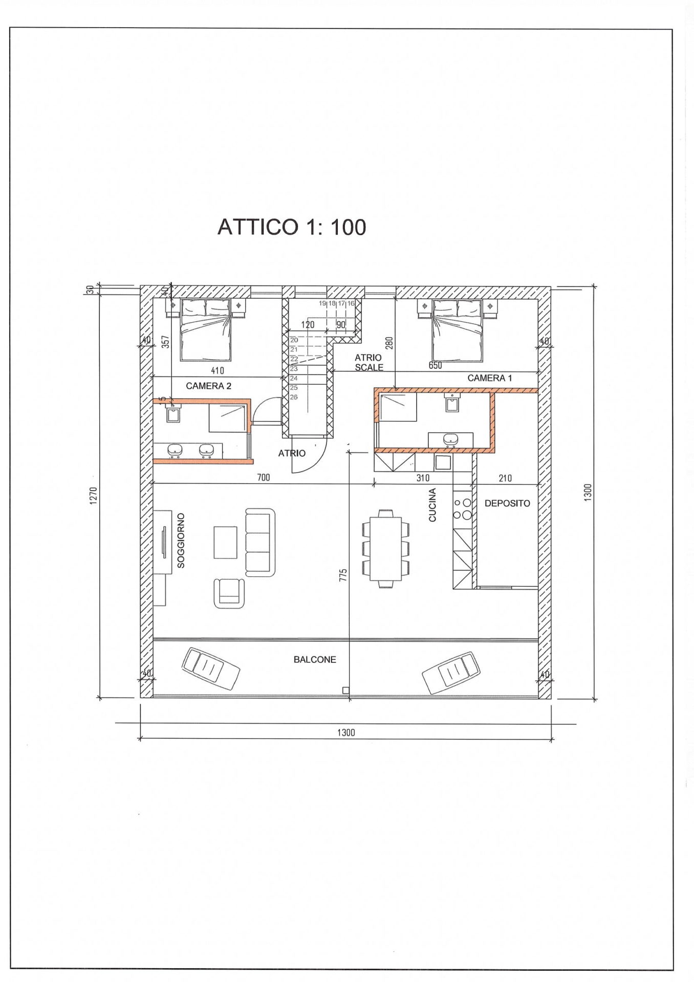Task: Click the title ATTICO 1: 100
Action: pyautogui.click(x=292, y=227)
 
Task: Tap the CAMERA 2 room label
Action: pyautogui.click(x=208, y=386)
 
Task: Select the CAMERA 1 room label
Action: pyautogui.click(x=489, y=378)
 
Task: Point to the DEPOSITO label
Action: pyautogui.click(x=507, y=503)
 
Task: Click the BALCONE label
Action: pyautogui.click(x=315, y=660)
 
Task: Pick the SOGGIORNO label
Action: pyautogui.click(x=181, y=541)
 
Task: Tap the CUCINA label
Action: pyautogui.click(x=432, y=505)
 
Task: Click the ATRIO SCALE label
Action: pyautogui.click(x=368, y=363)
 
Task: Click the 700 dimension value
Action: pyautogui.click(x=263, y=478)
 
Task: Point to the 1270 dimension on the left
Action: pyautogui.click(x=93, y=495)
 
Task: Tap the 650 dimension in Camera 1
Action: pyautogui.click(x=435, y=366)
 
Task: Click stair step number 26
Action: pyautogui.click(x=294, y=397)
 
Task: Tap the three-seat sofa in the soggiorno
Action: pyautogui.click(x=260, y=542)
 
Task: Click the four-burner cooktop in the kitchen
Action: pyautogui.click(x=462, y=509)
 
